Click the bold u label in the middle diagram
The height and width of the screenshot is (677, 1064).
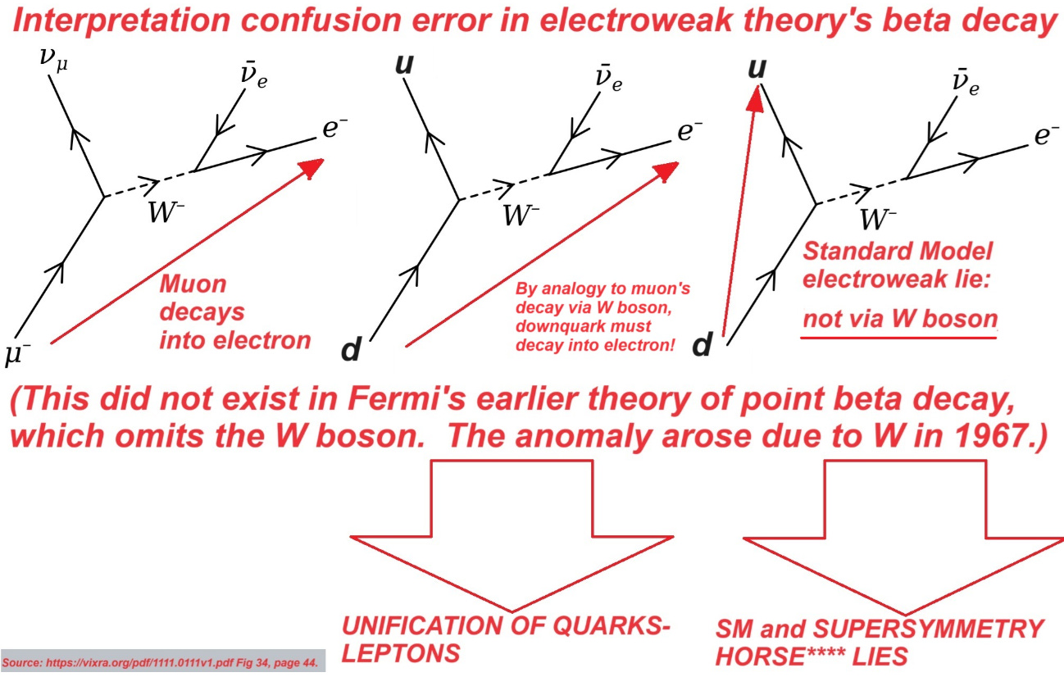pos(403,63)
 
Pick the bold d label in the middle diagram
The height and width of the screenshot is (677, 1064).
pos(351,350)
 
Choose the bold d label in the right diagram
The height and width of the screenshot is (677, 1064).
pos(703,346)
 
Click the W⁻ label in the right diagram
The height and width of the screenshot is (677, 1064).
pos(878,218)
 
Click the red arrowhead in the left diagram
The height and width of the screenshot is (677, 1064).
pos(309,167)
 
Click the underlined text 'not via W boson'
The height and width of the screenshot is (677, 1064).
pos(899,320)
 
